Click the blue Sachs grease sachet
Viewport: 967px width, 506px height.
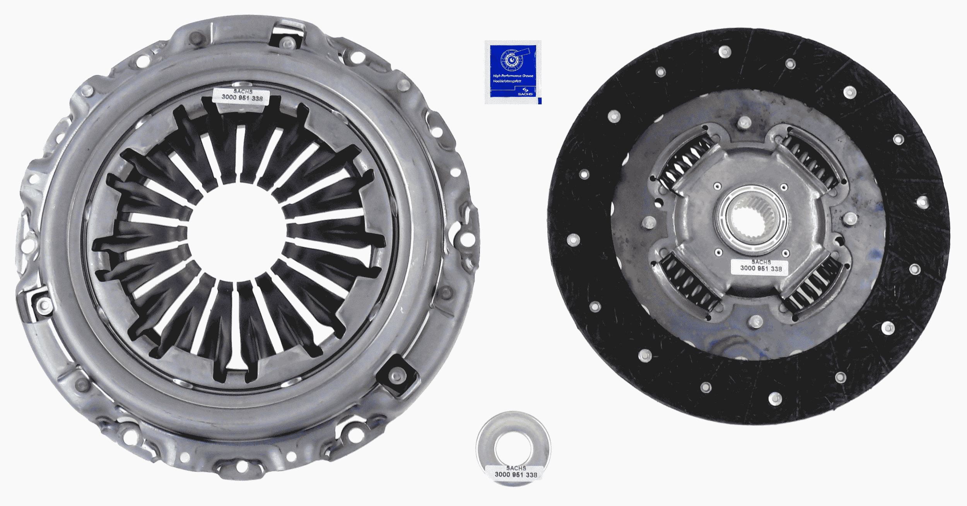513,72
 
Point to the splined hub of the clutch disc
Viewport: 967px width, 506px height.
750,219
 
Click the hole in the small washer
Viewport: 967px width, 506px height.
514,447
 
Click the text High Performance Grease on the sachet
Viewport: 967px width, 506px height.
513,76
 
